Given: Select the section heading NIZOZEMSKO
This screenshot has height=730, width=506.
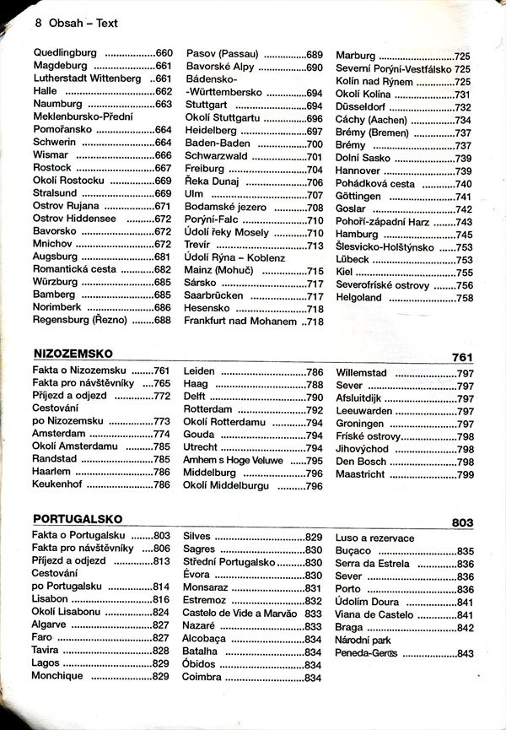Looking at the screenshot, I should [73, 354].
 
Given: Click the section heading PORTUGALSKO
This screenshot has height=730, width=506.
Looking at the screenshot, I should [78, 519].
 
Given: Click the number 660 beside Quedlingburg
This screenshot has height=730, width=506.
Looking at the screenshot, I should [164, 53].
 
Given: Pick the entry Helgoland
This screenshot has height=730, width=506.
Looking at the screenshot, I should [359, 297].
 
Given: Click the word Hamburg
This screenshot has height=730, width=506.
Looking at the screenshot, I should [357, 234].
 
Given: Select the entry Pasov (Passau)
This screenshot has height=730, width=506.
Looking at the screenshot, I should [222, 53].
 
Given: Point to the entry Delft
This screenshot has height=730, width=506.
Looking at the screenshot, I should [195, 397].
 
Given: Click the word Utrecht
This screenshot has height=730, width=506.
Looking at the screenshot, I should [201, 447].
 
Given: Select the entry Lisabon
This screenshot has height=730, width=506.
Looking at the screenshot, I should [52, 599].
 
